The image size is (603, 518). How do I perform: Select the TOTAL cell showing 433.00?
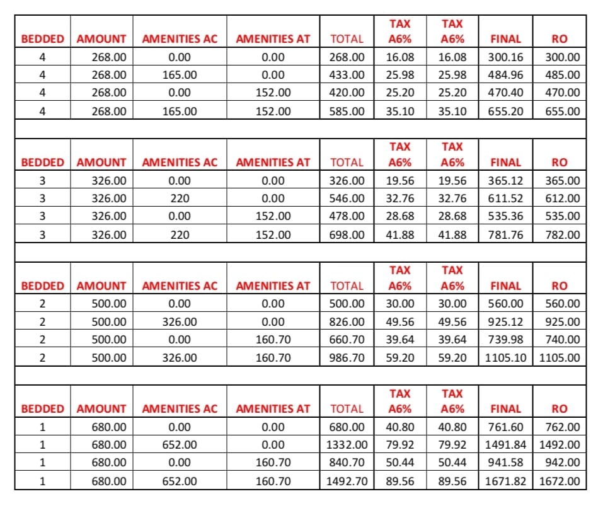(347, 75)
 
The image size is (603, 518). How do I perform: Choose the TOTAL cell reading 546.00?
(347, 199)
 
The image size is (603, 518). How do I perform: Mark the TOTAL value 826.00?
(347, 322)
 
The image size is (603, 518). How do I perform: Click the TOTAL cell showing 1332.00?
(345, 445)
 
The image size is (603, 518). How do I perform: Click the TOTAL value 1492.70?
(345, 481)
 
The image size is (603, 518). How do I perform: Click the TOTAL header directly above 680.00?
(347, 409)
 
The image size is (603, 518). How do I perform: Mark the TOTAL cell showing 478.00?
(347, 216)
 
